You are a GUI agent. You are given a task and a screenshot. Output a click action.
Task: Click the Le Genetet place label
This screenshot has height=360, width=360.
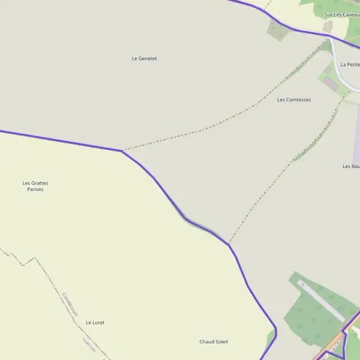[144, 58]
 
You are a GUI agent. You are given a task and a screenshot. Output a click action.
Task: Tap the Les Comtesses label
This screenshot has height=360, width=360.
[294, 100]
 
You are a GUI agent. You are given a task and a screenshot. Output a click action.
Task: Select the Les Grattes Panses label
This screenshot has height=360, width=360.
[35, 186]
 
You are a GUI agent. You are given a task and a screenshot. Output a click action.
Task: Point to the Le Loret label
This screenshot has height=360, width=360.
[95, 322]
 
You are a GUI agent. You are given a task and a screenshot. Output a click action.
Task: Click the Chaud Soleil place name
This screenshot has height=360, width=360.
[214, 341]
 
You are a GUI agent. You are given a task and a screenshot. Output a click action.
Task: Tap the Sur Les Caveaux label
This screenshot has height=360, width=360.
[341, 14]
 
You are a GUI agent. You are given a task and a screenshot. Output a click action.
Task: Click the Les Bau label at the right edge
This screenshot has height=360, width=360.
[351, 166]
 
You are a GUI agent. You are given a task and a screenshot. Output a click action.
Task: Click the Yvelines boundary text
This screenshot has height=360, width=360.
[88, 344]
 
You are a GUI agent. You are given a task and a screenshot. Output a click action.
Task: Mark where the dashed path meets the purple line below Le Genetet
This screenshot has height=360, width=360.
[122, 151]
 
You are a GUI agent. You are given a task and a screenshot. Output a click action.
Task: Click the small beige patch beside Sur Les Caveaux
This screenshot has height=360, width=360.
[328, 26]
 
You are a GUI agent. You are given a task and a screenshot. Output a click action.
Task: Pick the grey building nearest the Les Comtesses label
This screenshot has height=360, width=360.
[331, 83]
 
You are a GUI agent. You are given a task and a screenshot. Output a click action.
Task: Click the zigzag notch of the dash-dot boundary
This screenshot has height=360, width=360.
[24, 262]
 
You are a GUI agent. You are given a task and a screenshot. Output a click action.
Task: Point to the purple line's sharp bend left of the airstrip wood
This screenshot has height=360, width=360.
[275, 329]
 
